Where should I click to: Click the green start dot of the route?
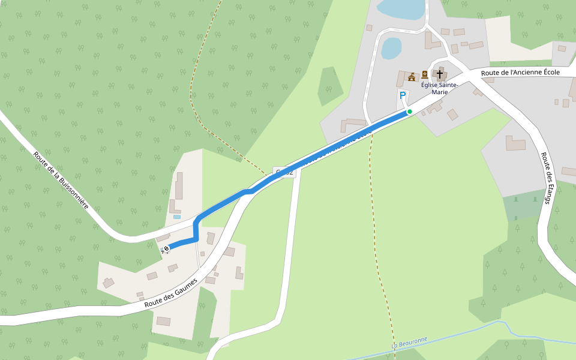click(x=410, y=112)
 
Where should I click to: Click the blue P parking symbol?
click(x=402, y=95)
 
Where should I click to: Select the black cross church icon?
click(x=440, y=74)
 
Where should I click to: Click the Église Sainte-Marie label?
click(x=439, y=88)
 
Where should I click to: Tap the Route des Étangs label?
click(x=546, y=178)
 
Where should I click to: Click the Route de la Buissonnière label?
click(x=61, y=179)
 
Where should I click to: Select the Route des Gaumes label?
click(x=171, y=293)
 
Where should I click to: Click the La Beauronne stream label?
click(x=409, y=343)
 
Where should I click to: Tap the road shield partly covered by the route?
click(x=285, y=172)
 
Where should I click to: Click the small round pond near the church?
click(x=391, y=48)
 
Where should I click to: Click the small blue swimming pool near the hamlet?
click(x=177, y=217)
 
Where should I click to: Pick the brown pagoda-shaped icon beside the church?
click(x=412, y=76)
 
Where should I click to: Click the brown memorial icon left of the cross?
click(x=425, y=74)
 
